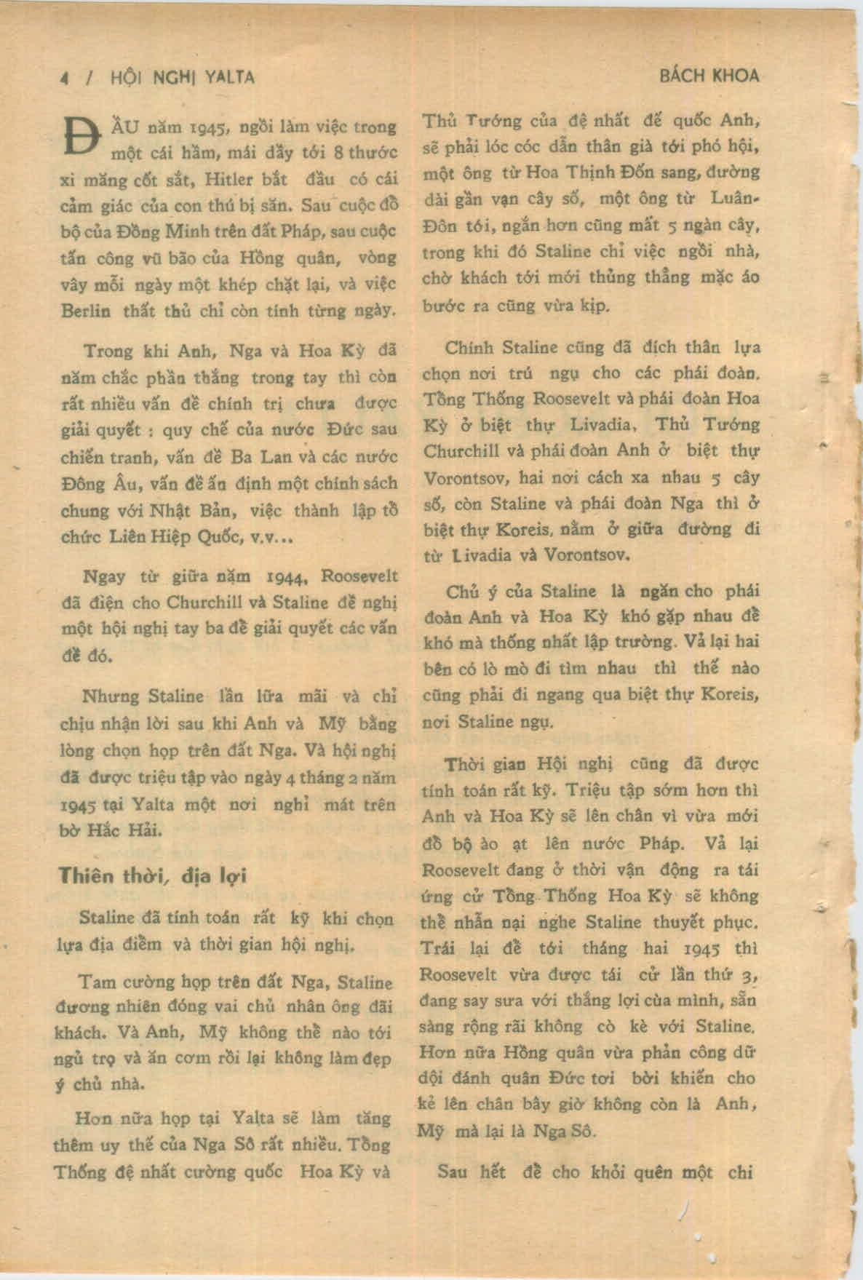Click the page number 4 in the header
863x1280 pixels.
coord(65,78)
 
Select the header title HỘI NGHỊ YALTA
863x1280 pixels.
coord(182,77)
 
